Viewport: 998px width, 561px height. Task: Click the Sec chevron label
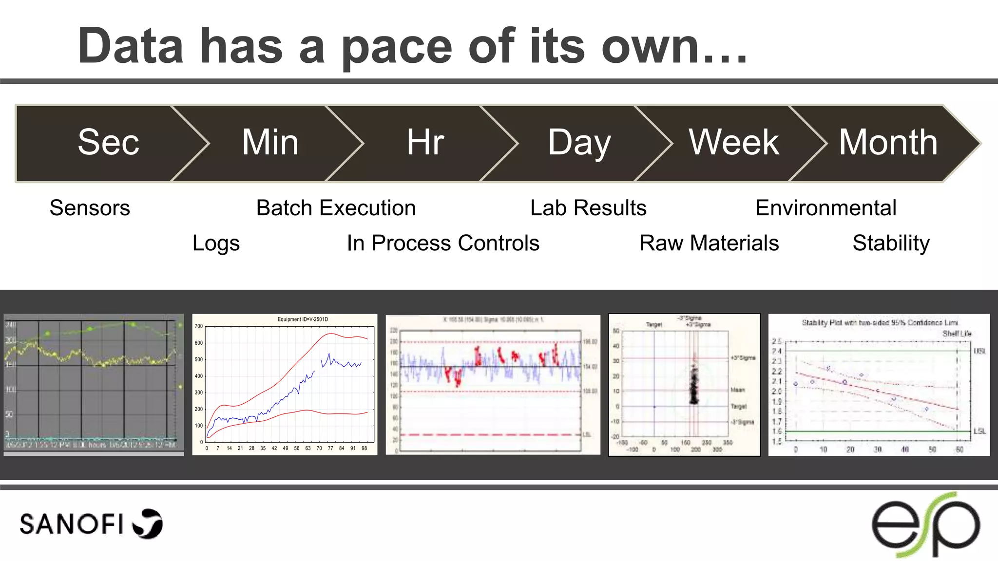coord(108,143)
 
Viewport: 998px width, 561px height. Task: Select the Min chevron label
coord(270,143)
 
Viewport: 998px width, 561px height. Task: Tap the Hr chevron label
coord(425,143)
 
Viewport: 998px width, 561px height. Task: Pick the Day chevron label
coord(579,143)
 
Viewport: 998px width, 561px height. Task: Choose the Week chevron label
coord(733,143)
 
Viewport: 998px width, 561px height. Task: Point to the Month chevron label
coord(888,143)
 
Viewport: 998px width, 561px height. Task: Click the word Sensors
coord(90,208)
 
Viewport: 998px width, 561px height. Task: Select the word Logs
coord(216,243)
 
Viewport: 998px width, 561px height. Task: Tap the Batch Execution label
coord(336,208)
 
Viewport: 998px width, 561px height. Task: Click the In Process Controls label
coord(443,243)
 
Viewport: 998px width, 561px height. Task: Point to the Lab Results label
coord(588,208)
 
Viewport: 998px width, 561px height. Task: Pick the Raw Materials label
coord(709,243)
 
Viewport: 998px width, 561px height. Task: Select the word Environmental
coord(825,208)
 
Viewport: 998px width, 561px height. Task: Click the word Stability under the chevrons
coord(891,243)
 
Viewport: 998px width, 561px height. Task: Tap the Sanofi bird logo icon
coord(148,524)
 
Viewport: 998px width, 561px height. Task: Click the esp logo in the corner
coord(925,525)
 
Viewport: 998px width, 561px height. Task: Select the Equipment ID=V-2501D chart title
coord(303,319)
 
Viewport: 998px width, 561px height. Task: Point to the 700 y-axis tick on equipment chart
coord(199,326)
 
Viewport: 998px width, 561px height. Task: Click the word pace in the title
coord(397,47)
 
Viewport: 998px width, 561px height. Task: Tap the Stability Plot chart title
coord(880,322)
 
